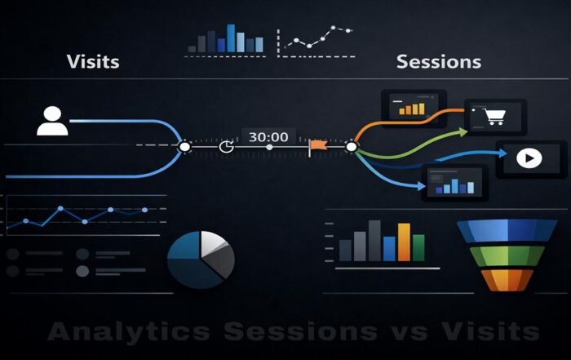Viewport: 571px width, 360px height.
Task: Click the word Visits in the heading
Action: [x=93, y=61]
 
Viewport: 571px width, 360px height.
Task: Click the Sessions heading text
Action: [x=438, y=61]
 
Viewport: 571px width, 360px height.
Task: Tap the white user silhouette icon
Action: [x=52, y=120]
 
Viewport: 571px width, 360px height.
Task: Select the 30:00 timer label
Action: [x=268, y=136]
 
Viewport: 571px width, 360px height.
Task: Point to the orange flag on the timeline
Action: [x=317, y=147]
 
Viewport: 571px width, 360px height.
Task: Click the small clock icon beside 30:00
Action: [x=227, y=147]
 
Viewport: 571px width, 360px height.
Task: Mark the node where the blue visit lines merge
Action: [x=184, y=147]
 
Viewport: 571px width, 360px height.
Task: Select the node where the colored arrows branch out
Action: [x=352, y=147]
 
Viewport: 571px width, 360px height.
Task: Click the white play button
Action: [x=530, y=158]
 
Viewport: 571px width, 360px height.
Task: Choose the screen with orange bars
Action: [x=411, y=106]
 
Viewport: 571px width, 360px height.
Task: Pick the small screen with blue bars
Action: [x=454, y=183]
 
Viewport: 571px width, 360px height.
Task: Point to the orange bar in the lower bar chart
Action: [x=404, y=242]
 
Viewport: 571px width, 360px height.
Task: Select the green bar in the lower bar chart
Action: [x=418, y=247]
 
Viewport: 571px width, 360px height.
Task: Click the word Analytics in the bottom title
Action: [x=128, y=331]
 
